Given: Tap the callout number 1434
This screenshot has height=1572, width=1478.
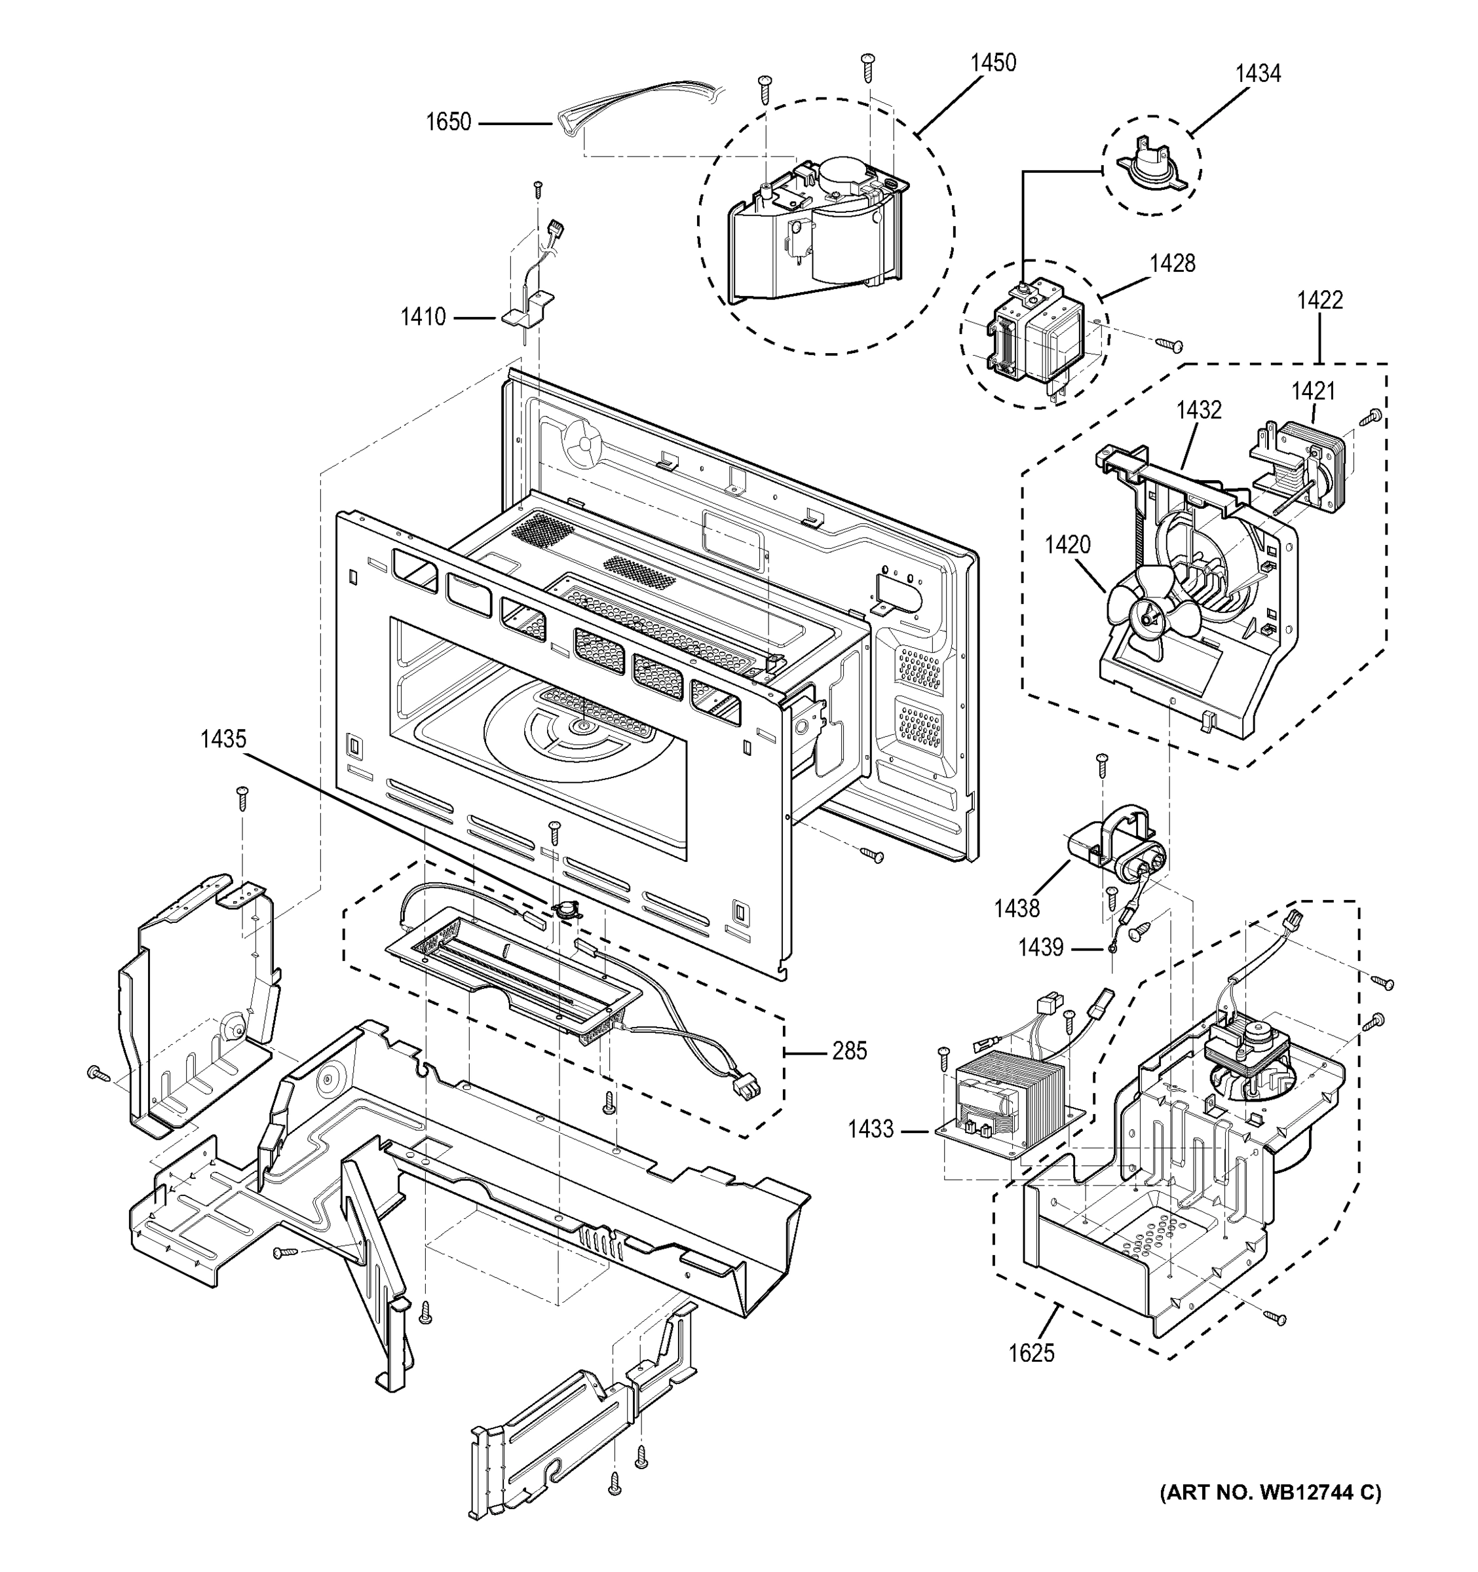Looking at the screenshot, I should (x=1257, y=73).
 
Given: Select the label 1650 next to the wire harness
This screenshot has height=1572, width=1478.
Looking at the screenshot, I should (x=447, y=122).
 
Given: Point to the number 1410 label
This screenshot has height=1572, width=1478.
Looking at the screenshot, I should (x=423, y=317).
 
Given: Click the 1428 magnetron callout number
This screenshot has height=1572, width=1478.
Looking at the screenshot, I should (x=1172, y=263).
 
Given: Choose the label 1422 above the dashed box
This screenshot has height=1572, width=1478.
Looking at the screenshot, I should (x=1319, y=301).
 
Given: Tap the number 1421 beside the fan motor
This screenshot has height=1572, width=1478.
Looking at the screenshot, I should (x=1313, y=390).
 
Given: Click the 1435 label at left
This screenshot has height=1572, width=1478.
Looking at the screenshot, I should (x=223, y=739).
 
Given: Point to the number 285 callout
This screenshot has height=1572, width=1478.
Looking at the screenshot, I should (x=848, y=1051).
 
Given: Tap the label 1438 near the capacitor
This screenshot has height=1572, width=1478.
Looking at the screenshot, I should (x=1016, y=908).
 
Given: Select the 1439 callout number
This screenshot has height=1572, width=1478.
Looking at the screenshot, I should (x=1040, y=947).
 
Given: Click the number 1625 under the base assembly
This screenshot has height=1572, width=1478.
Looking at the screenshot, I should (x=1031, y=1353).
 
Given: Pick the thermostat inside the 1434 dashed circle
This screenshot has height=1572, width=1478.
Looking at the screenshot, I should (x=1150, y=167).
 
